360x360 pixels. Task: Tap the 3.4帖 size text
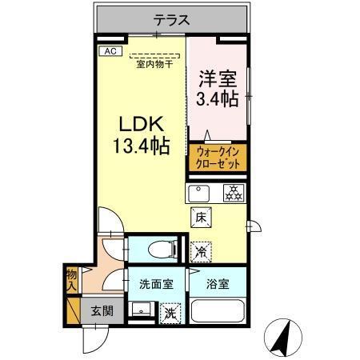217,100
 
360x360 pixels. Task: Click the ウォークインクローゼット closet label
218,157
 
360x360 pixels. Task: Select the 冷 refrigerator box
201,250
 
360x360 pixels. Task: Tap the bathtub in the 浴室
218,311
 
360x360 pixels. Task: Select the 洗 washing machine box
170,312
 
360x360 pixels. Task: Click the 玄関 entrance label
102,311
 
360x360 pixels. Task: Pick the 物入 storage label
71,279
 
